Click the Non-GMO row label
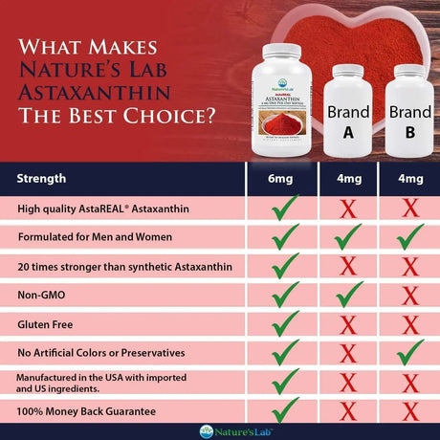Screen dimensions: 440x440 [x=42, y=296]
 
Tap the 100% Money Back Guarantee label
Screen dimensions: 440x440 [x=84, y=411]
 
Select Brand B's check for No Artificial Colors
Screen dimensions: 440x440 [x=409, y=354]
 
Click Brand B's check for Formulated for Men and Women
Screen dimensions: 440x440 [x=409, y=235]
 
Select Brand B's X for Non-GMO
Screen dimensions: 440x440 [x=409, y=296]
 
